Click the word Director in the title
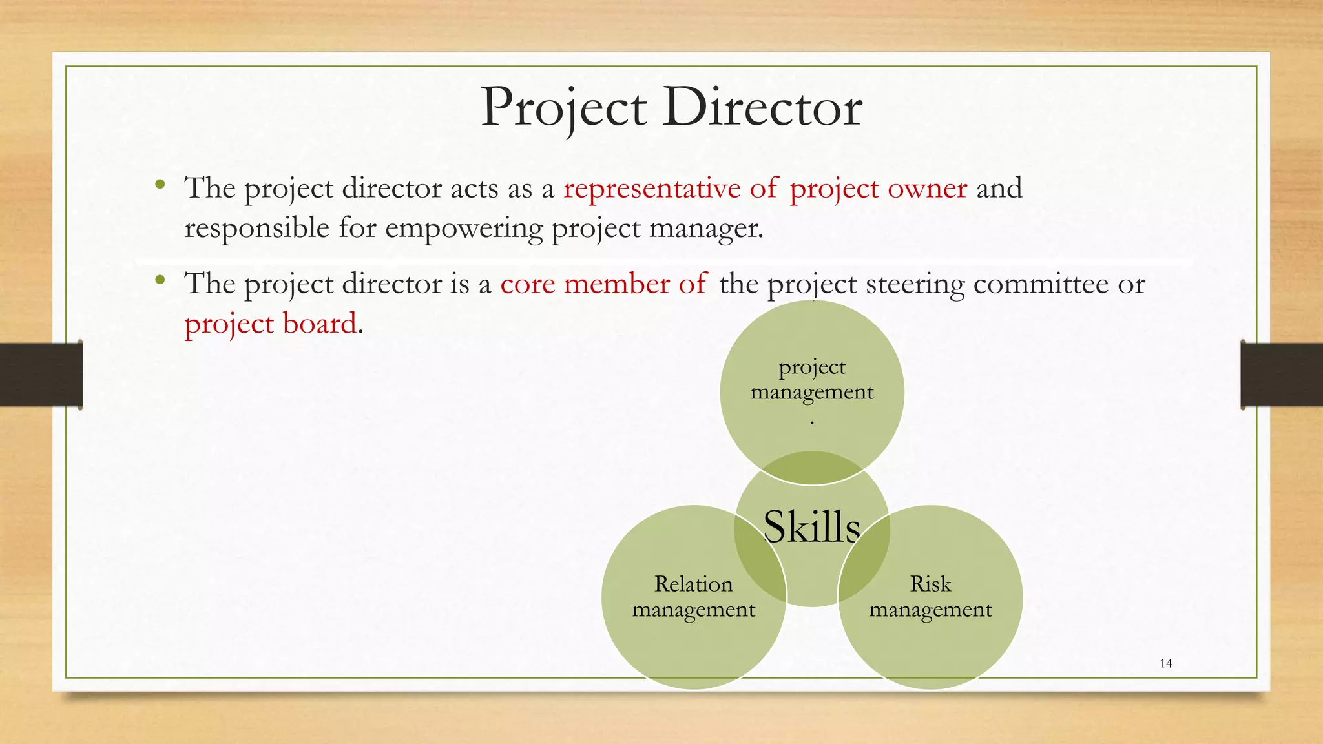pyautogui.click(x=762, y=107)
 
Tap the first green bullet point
pyautogui.click(x=160, y=185)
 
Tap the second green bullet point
pyautogui.click(x=160, y=280)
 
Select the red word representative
pyautogui.click(x=652, y=189)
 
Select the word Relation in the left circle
pyautogui.click(x=693, y=584)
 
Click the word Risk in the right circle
pyautogui.click(x=930, y=584)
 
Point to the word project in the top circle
pyautogui.click(x=812, y=367)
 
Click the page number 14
pyautogui.click(x=1166, y=663)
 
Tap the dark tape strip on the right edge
pyautogui.click(x=1282, y=375)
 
